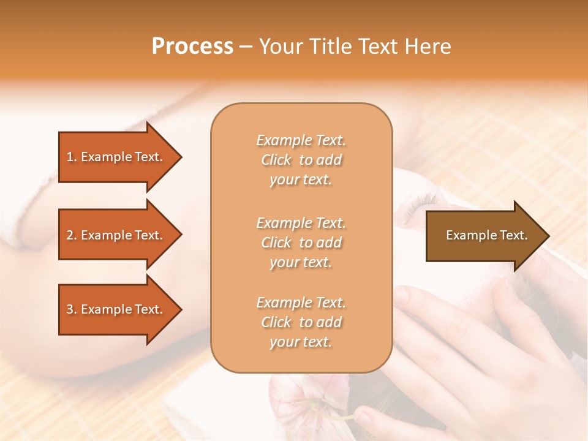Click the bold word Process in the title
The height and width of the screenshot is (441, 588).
pos(192,47)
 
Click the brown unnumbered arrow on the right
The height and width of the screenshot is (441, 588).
pos(484,236)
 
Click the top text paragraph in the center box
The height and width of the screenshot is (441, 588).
pos(301,160)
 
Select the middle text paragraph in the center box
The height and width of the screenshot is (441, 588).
pos(301,243)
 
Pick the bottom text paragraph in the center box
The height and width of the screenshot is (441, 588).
pos(301,322)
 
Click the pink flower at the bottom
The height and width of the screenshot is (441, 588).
pos(306,401)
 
